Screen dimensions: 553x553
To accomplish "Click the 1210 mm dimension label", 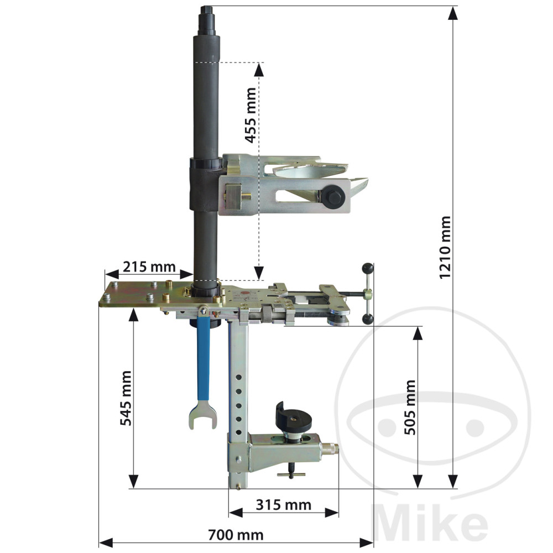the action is (445, 247).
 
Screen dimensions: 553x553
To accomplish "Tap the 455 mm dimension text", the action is (251, 116).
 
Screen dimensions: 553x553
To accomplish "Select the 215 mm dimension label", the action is (149, 267).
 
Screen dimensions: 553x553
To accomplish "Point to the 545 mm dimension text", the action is (126, 398).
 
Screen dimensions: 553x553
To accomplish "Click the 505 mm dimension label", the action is (409, 407).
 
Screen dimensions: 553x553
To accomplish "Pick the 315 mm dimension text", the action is (284, 505).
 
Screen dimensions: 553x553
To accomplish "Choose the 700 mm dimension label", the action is (236, 535).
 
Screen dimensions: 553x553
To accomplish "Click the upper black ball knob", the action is (367, 269).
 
